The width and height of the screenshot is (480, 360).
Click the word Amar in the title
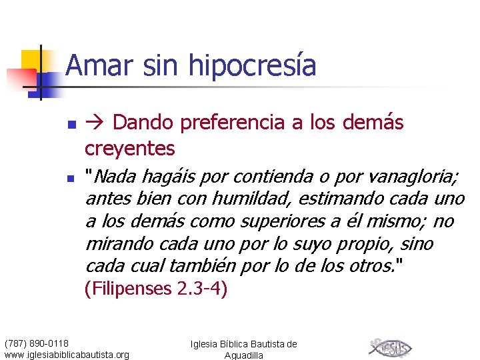(x=91, y=66)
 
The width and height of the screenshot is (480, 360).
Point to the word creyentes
(x=130, y=147)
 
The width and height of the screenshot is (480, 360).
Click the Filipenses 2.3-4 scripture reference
(x=156, y=290)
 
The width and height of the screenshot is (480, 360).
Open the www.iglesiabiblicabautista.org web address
(x=67, y=355)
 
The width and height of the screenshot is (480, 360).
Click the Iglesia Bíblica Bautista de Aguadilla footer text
(x=243, y=349)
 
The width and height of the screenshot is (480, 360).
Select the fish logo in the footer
(x=390, y=348)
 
